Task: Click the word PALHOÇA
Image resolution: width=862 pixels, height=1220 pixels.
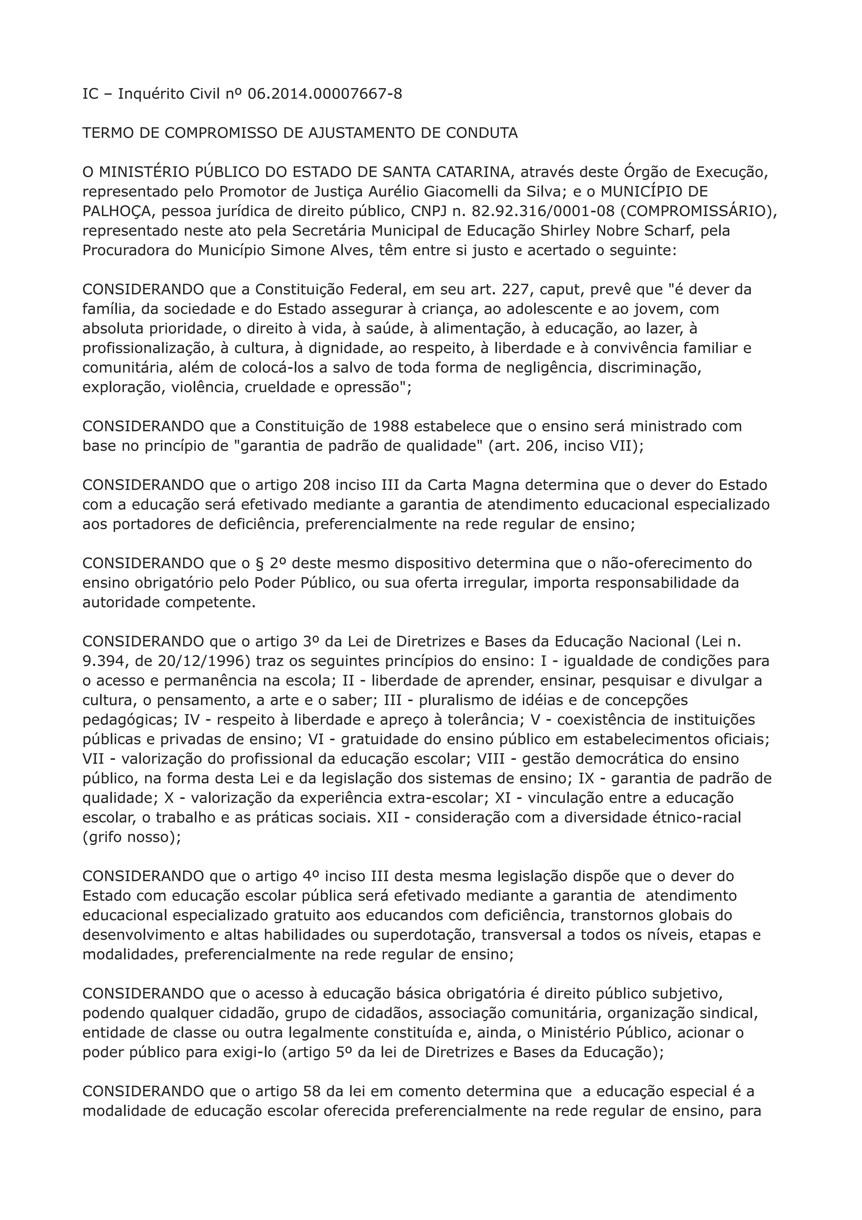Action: [117, 211]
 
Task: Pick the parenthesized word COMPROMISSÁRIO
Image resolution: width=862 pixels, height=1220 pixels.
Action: [696, 211]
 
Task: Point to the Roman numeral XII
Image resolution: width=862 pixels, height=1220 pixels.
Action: [388, 817]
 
